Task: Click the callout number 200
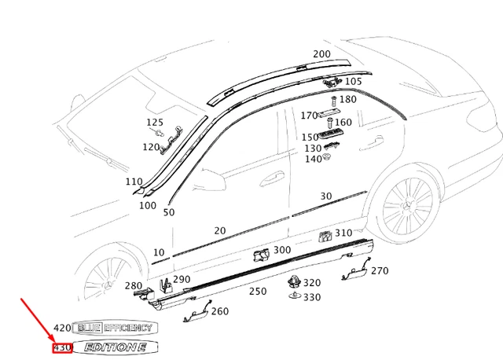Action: (x=321, y=54)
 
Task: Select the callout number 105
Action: (x=353, y=81)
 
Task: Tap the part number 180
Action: (x=347, y=100)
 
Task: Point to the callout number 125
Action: (x=155, y=123)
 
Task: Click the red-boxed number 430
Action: (x=62, y=347)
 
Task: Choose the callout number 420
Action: (x=62, y=328)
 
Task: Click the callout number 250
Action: (x=258, y=291)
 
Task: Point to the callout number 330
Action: (x=312, y=297)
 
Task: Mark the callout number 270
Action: (x=380, y=271)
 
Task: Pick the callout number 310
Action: (x=343, y=233)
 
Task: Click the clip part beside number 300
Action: (x=260, y=253)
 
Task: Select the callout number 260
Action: (x=220, y=311)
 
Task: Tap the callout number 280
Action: (x=134, y=285)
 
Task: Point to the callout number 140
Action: (x=313, y=159)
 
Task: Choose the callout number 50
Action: (x=168, y=212)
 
